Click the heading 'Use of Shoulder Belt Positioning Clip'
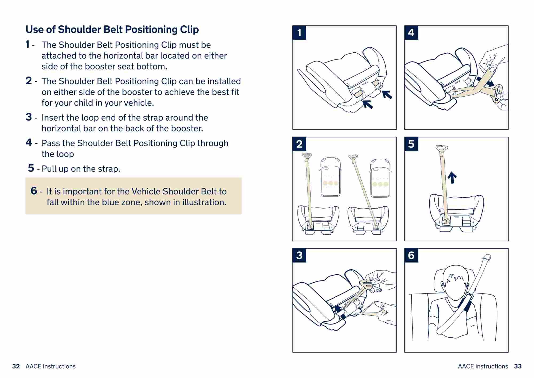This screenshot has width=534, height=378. [112, 29]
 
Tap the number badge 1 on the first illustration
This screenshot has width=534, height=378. [299, 33]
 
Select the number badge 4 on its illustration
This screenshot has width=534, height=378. [411, 33]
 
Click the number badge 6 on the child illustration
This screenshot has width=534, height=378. [411, 255]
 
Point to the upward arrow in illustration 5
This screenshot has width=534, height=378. [452, 177]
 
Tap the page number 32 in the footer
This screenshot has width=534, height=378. [16, 366]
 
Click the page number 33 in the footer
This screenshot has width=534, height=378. [518, 366]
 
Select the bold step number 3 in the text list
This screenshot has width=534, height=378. [29, 117]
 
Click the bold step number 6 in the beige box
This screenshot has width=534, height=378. [34, 191]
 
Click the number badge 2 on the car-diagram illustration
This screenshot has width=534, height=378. [299, 144]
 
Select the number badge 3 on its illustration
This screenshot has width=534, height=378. [299, 255]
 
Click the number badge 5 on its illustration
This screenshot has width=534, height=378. [411, 144]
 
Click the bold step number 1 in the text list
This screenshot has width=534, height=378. [27, 44]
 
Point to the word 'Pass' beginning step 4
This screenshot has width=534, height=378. [51, 143]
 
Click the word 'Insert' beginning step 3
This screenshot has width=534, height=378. [53, 118]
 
